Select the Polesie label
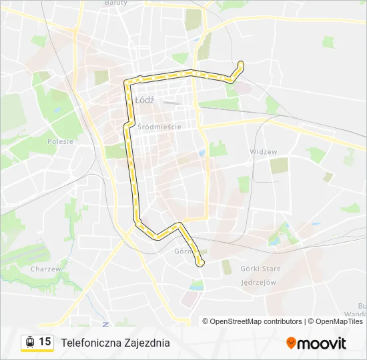[60, 141]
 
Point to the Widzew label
[263, 152]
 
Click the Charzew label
[46, 269]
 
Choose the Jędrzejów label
[258, 282]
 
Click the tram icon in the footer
[30, 342]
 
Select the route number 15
[45, 342]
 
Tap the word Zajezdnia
[147, 343]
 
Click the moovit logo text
[322, 343]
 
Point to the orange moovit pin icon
[291, 343]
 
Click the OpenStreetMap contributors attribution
[256, 321]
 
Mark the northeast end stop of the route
[240, 64]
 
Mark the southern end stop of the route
[200, 264]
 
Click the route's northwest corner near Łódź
[129, 83]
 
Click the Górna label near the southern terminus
[182, 252]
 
